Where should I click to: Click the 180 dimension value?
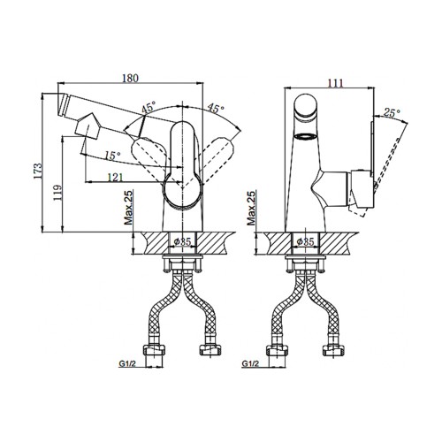(x=130, y=78)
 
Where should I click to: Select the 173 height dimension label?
(x=38, y=171)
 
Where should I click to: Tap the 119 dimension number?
(x=57, y=193)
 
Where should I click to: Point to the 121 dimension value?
(x=115, y=177)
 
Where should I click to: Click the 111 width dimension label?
(x=336, y=83)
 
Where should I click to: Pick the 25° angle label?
(x=392, y=112)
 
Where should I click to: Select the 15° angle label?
(x=113, y=156)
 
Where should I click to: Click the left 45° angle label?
(x=149, y=108)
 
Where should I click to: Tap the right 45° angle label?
(x=216, y=108)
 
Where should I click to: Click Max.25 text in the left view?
(x=128, y=208)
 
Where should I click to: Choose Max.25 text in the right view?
(x=251, y=208)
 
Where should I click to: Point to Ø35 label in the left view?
(x=183, y=242)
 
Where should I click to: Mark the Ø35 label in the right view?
(x=305, y=242)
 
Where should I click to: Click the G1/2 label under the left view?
(x=127, y=364)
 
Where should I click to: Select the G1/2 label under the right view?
(x=250, y=364)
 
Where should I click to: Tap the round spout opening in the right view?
(x=306, y=136)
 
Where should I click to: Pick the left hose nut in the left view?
(x=154, y=350)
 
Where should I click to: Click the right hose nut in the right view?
(x=333, y=350)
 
